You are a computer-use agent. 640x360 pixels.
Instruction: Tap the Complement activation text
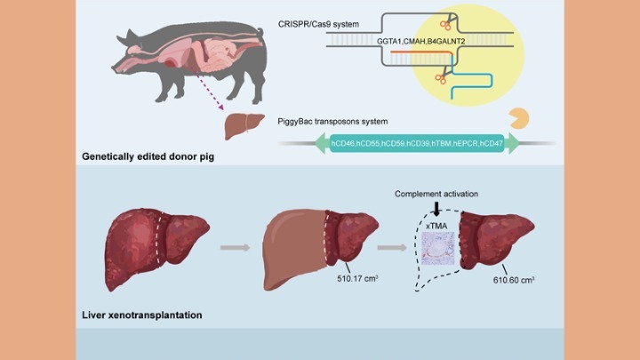click(436, 193)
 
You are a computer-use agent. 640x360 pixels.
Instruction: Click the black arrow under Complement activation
click(436, 209)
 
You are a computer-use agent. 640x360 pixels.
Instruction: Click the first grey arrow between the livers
click(233, 247)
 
